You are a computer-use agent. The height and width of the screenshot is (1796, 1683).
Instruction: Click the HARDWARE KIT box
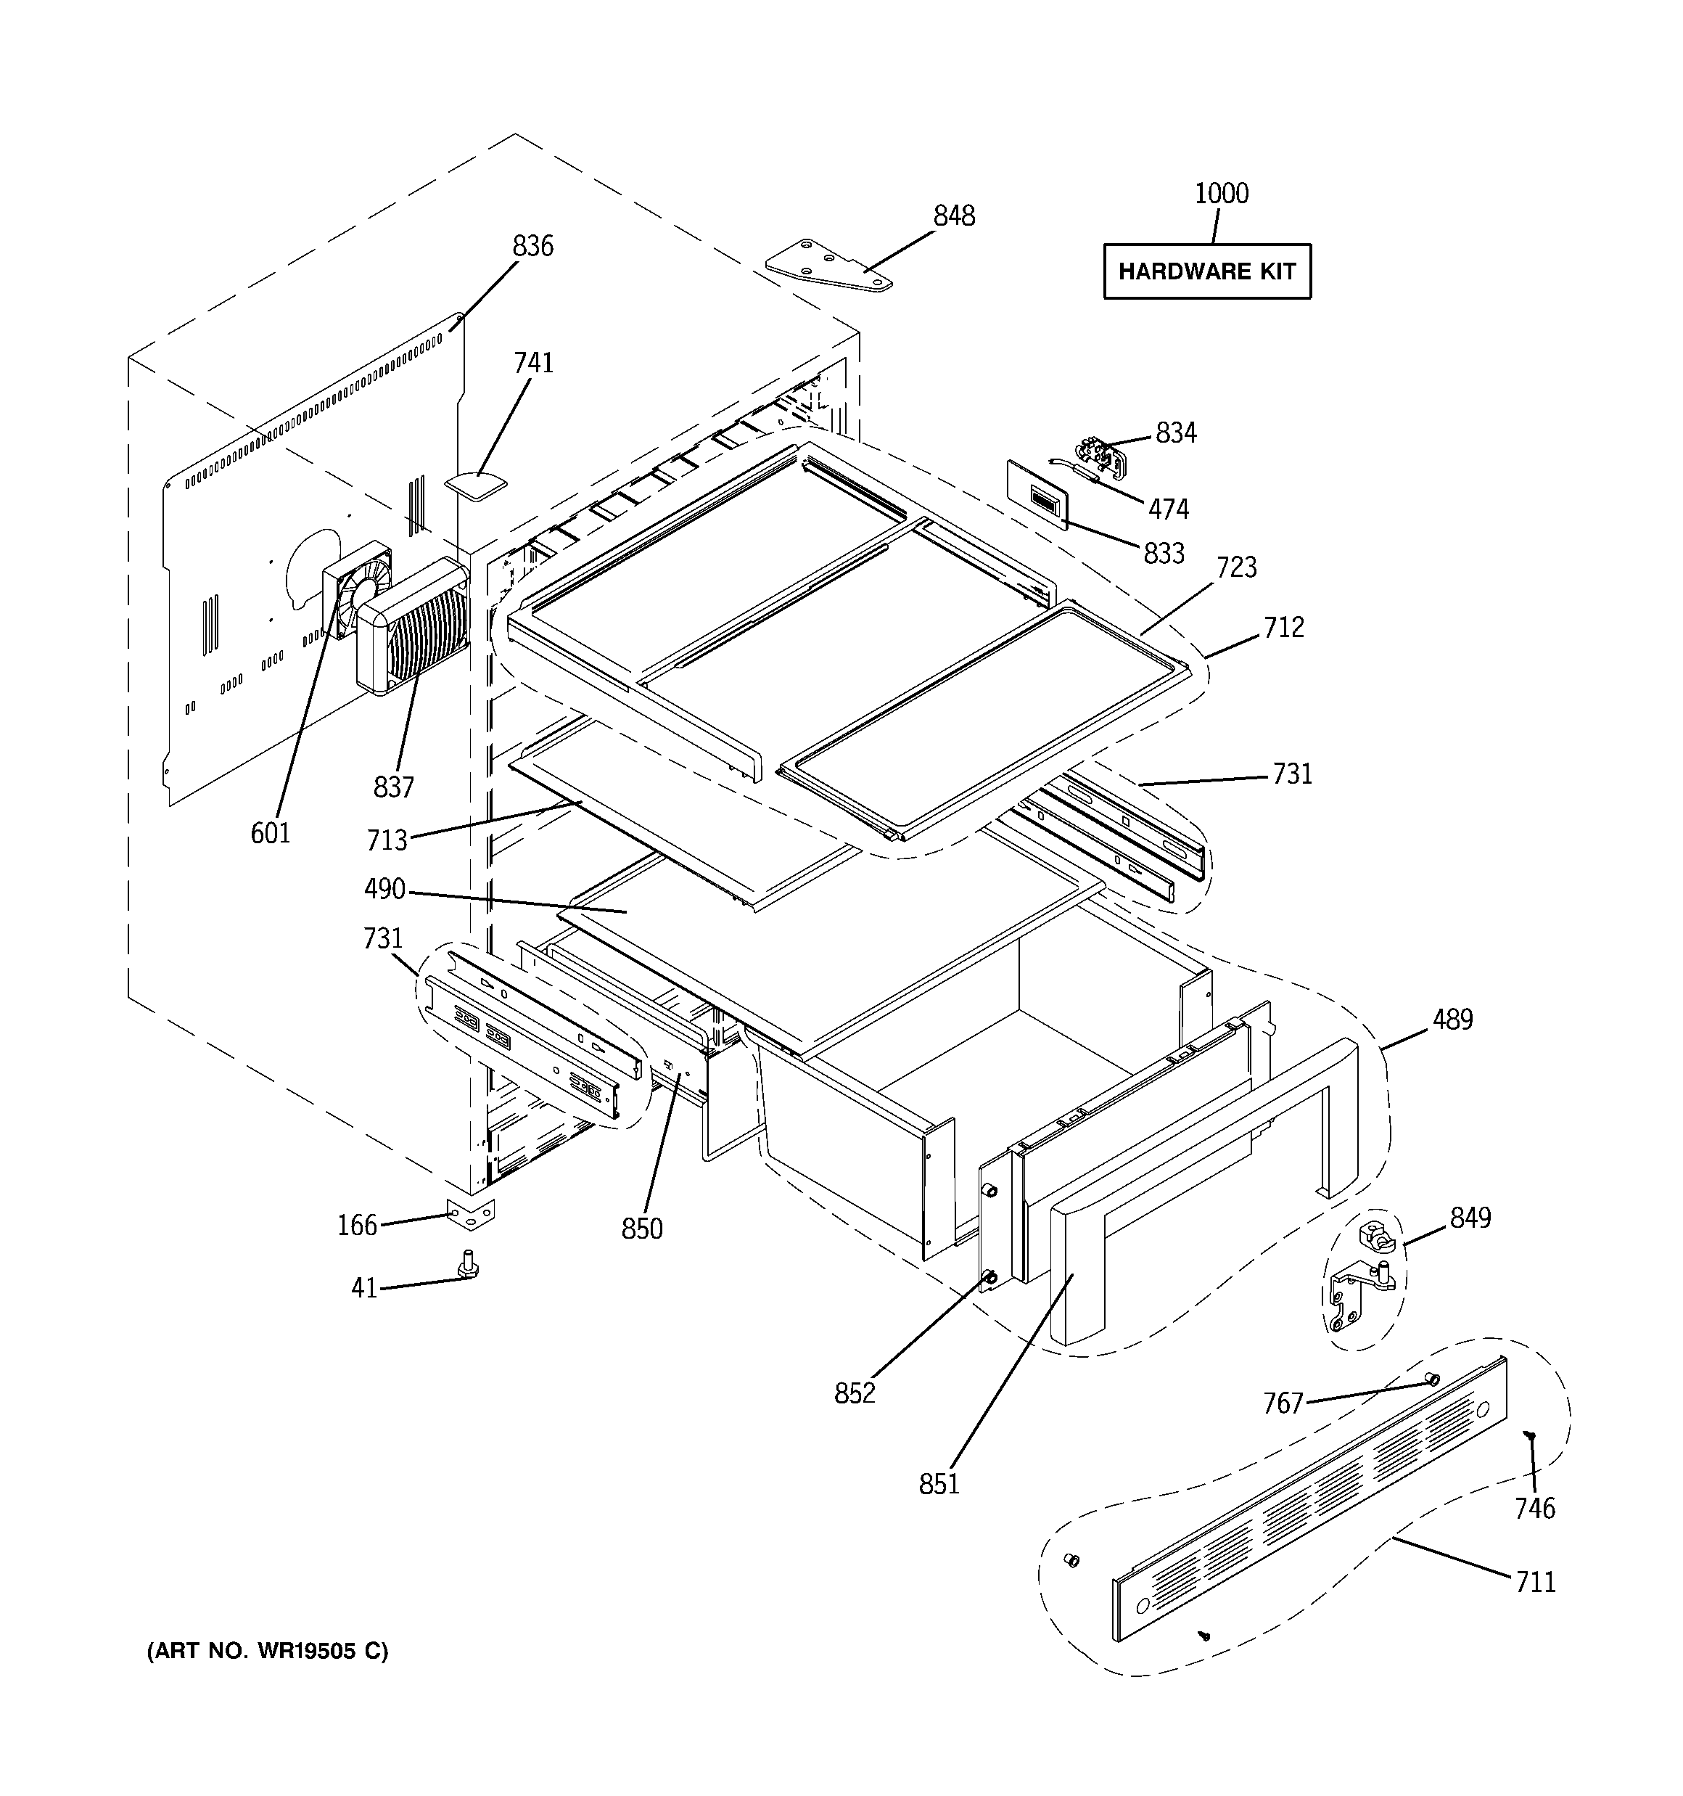[1207, 271]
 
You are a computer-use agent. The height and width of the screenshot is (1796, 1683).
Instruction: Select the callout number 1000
[1222, 193]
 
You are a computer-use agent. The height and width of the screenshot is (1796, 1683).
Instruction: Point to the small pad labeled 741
[476, 483]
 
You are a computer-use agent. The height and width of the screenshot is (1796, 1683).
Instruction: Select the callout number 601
[270, 833]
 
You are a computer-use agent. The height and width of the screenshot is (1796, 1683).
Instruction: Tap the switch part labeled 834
[1102, 456]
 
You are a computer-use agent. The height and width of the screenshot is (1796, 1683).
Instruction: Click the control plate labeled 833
[1037, 494]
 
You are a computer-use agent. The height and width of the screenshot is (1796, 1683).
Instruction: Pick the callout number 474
[1168, 509]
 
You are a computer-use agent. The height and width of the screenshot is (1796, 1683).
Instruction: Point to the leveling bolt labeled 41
[469, 1265]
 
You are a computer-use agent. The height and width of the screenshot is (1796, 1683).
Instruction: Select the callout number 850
[641, 1229]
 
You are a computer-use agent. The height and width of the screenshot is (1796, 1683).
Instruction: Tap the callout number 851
[939, 1483]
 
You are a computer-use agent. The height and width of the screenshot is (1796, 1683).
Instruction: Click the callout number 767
[1283, 1403]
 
